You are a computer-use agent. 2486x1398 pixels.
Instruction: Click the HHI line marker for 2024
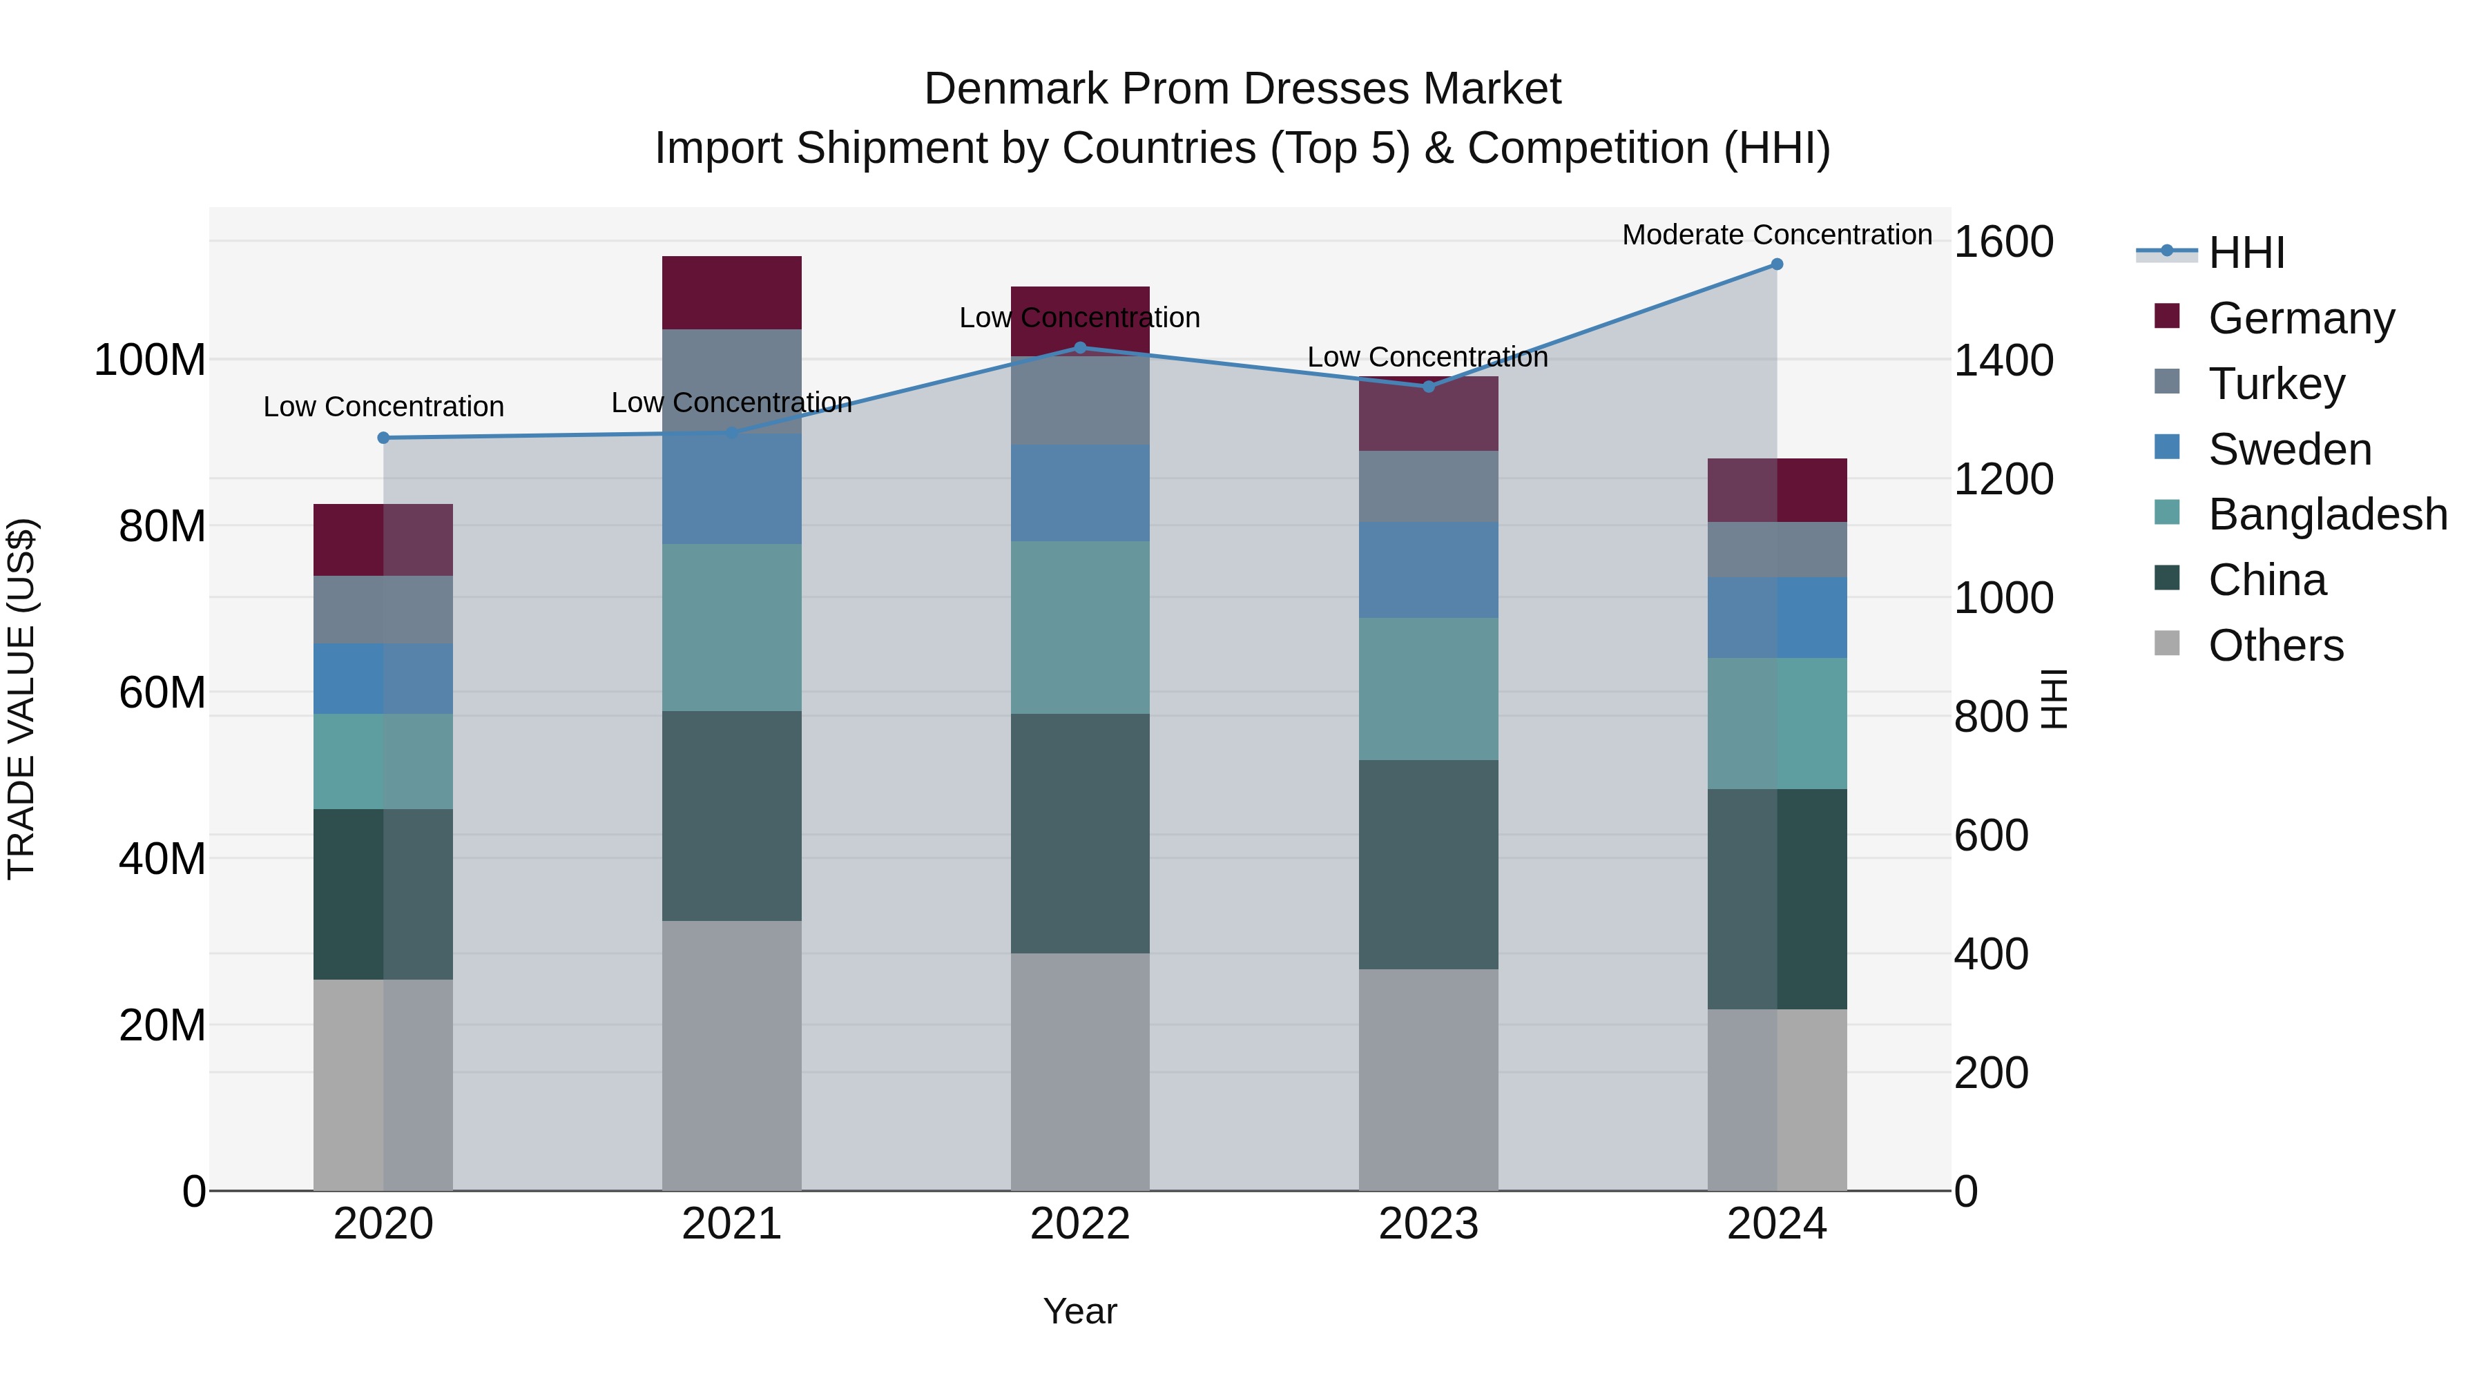pyautogui.click(x=1777, y=264)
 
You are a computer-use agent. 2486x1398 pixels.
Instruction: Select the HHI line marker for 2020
pyautogui.click(x=383, y=438)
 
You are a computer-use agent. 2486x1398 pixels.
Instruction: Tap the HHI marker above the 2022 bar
pyautogui.click(x=1080, y=349)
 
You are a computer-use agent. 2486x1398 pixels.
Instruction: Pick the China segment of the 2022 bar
pyautogui.click(x=1080, y=833)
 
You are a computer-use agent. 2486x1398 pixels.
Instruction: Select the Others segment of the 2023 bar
pyautogui.click(x=1428, y=1080)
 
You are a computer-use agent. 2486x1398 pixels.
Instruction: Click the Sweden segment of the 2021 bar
pyautogui.click(x=731, y=489)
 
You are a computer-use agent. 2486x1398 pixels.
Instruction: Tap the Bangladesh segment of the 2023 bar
pyautogui.click(x=1428, y=689)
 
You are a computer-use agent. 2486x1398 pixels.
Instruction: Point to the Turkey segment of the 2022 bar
pyautogui.click(x=1080, y=400)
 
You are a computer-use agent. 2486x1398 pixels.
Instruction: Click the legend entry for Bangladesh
pyautogui.click(x=2326, y=514)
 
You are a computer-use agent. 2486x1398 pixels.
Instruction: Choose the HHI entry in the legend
pyautogui.click(x=2246, y=253)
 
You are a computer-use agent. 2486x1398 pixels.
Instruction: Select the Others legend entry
pyautogui.click(x=2275, y=645)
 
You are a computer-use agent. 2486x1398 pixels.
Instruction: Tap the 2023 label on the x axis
pyautogui.click(x=1428, y=1224)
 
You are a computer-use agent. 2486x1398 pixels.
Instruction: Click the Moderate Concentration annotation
pyautogui.click(x=1777, y=235)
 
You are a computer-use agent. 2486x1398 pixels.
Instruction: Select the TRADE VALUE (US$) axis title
pyautogui.click(x=21, y=699)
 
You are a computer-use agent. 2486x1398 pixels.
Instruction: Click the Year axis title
pyautogui.click(x=1080, y=1311)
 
